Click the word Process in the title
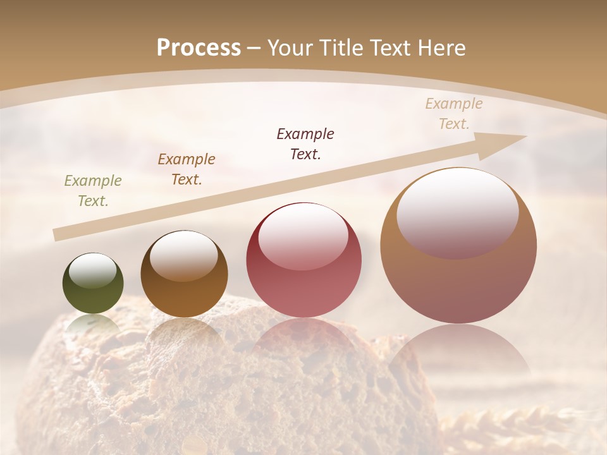(199, 48)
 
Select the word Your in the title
(290, 48)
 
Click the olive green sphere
(93, 284)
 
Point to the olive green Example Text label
(93, 191)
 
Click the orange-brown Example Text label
(187, 169)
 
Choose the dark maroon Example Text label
(305, 143)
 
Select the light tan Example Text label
(454, 114)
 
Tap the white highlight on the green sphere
(93, 270)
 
